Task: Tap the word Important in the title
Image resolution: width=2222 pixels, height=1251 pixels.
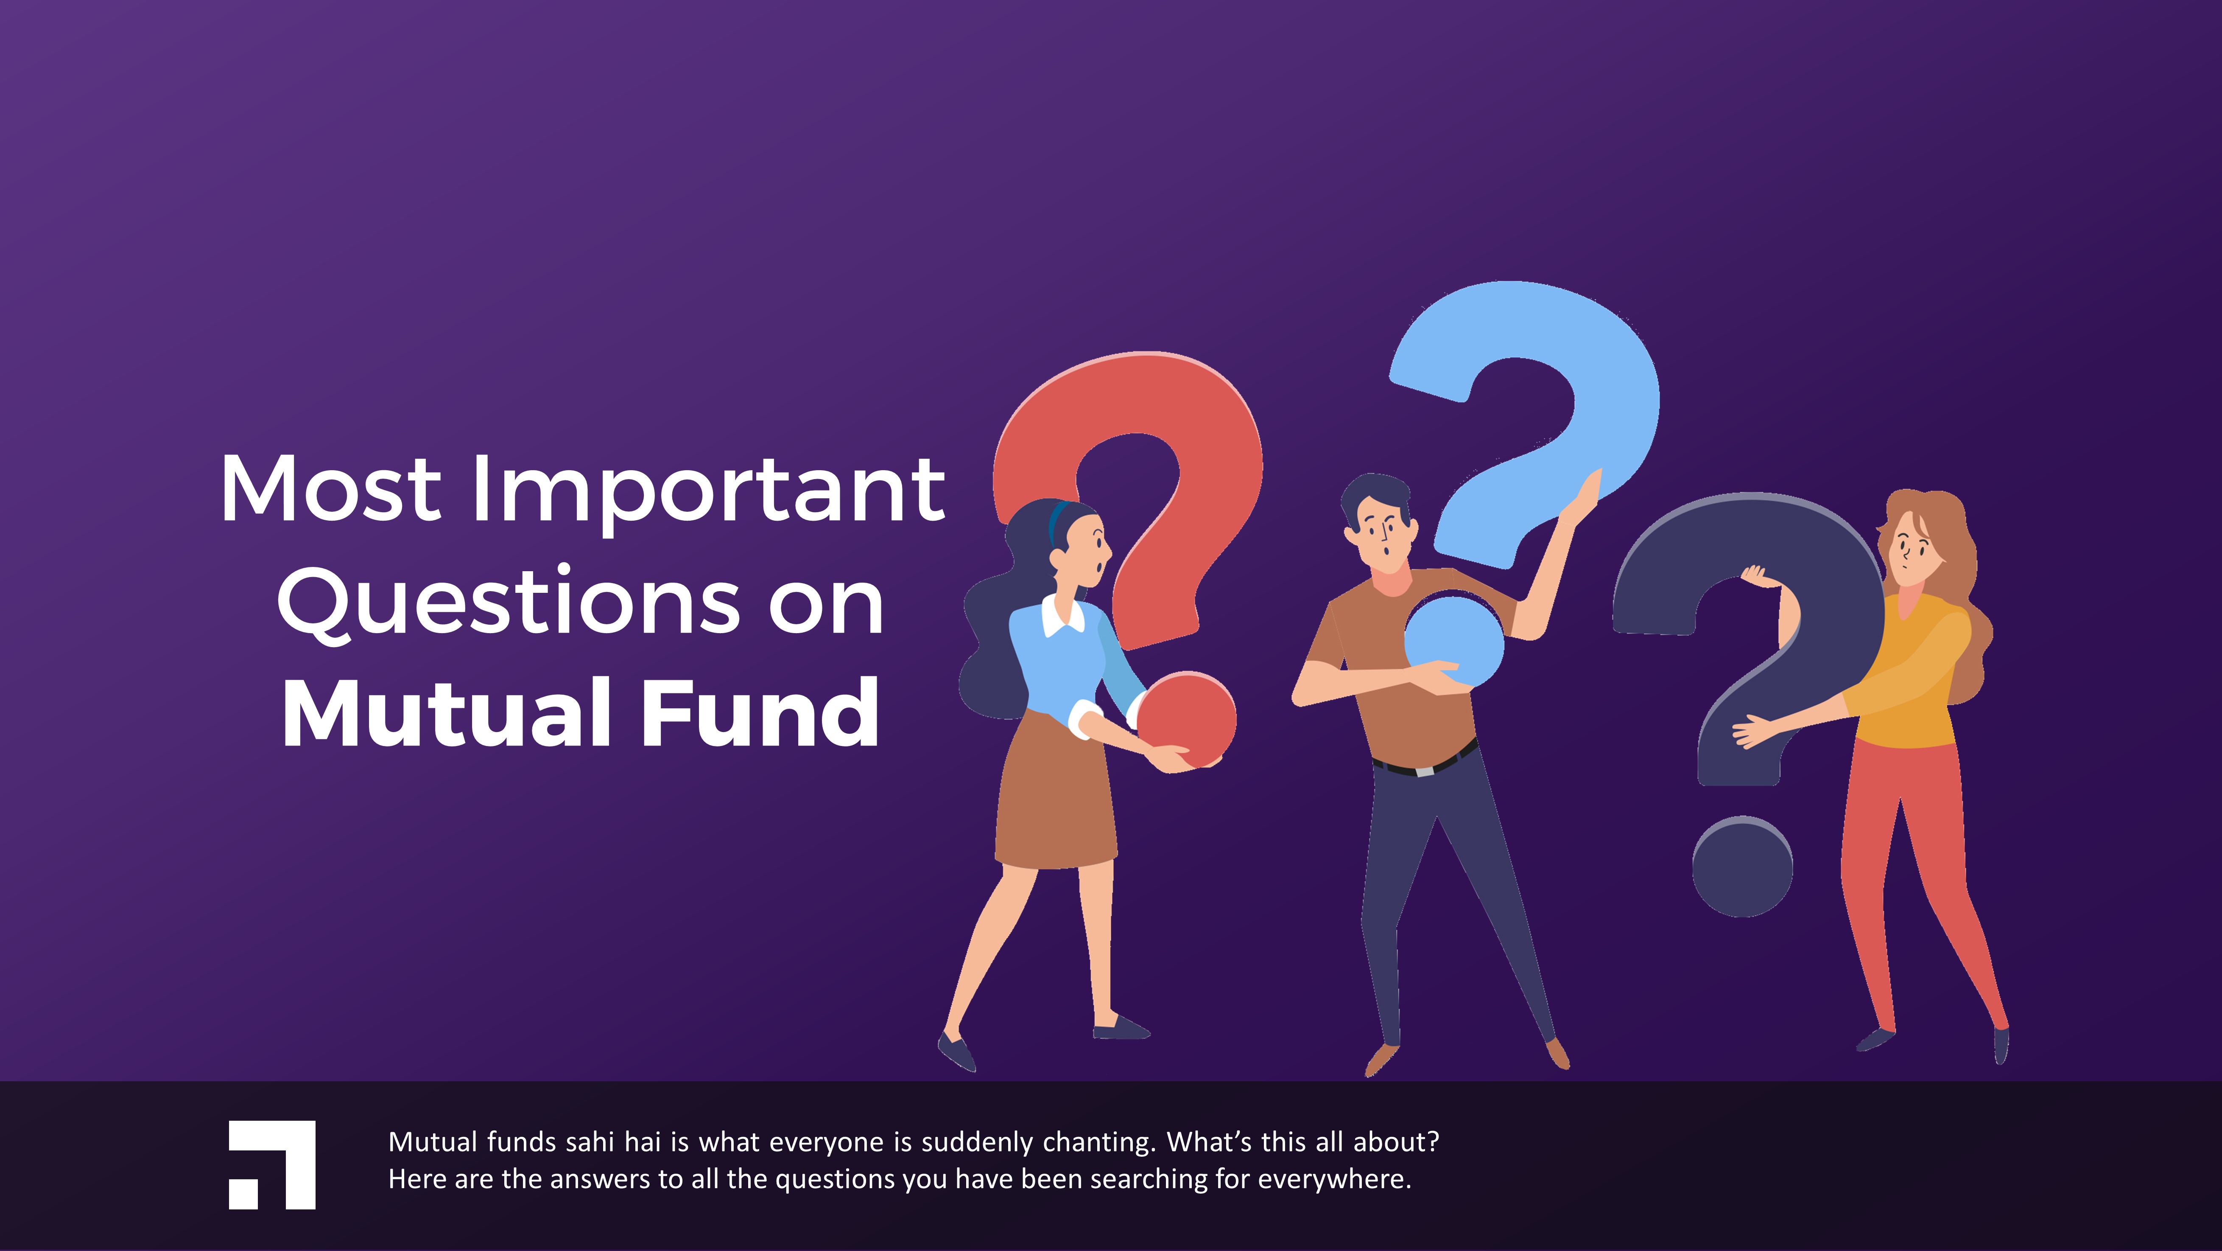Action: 707,492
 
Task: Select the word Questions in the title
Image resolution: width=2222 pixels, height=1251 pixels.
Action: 509,604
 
